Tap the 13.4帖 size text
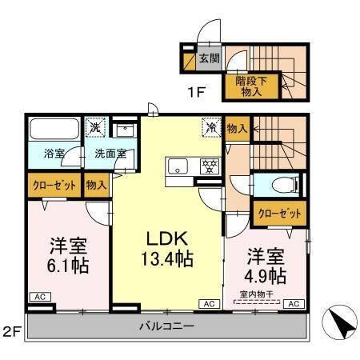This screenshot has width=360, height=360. (x=168, y=258)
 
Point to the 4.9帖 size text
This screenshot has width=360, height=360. (x=266, y=276)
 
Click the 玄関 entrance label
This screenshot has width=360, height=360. (x=210, y=58)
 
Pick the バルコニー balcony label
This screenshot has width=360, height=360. (x=166, y=327)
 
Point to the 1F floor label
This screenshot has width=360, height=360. (x=197, y=92)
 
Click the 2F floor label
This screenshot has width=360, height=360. (x=10, y=331)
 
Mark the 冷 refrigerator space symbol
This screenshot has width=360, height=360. (x=212, y=126)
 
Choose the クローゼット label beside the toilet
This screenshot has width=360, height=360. (x=280, y=214)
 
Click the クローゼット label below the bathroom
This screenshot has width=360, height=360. (x=54, y=185)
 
